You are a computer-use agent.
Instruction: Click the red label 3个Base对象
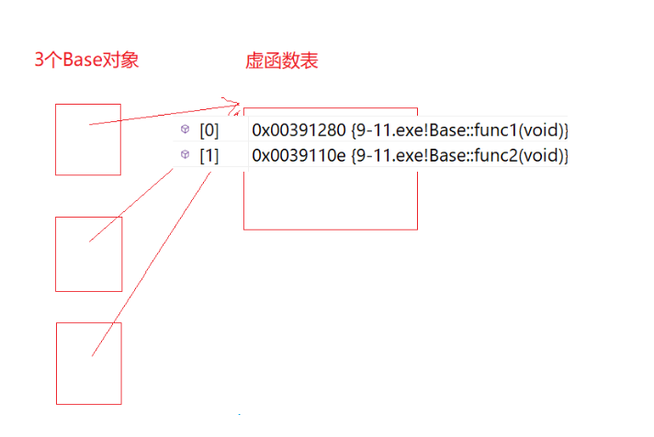[86, 61]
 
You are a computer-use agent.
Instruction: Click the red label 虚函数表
[282, 62]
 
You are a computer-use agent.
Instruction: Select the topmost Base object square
[87, 139]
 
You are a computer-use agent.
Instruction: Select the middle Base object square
[88, 253]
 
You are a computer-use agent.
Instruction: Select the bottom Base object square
[88, 363]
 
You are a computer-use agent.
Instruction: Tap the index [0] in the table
[209, 130]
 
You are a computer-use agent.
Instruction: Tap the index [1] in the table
[209, 156]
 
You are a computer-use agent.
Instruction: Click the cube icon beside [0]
[185, 130]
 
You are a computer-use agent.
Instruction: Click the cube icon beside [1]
[185, 155]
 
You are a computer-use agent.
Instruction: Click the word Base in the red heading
[78, 61]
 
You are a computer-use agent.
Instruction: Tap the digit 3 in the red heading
[39, 61]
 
